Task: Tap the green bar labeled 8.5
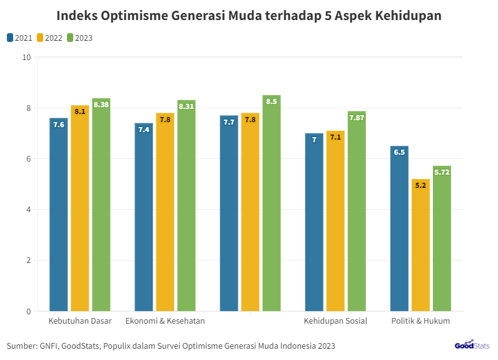point(272,203)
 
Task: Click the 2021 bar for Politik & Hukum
point(399,228)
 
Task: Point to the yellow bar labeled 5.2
point(420,245)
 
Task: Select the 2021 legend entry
point(19,38)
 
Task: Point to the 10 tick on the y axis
point(26,58)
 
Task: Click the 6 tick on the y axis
point(28,159)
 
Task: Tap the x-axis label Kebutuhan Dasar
point(80,321)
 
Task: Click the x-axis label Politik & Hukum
point(420,321)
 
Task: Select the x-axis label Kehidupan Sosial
point(335,321)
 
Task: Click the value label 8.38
point(101,105)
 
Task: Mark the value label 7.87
point(357,118)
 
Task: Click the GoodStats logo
point(472,345)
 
